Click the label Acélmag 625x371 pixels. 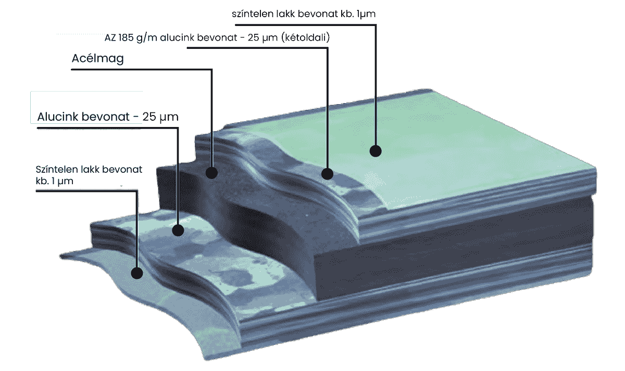coord(97,59)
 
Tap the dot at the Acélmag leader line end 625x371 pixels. coord(211,173)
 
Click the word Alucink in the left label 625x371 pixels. coord(57,117)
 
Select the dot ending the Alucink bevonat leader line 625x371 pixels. coord(178,229)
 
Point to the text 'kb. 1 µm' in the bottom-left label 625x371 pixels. coord(51,181)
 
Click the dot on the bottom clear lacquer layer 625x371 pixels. coord(137,273)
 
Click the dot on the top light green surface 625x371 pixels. coord(376,151)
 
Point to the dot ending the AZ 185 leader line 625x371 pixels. coord(327,173)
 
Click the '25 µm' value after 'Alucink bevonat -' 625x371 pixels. coord(160,117)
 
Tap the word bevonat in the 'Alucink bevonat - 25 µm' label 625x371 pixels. coord(109,117)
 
